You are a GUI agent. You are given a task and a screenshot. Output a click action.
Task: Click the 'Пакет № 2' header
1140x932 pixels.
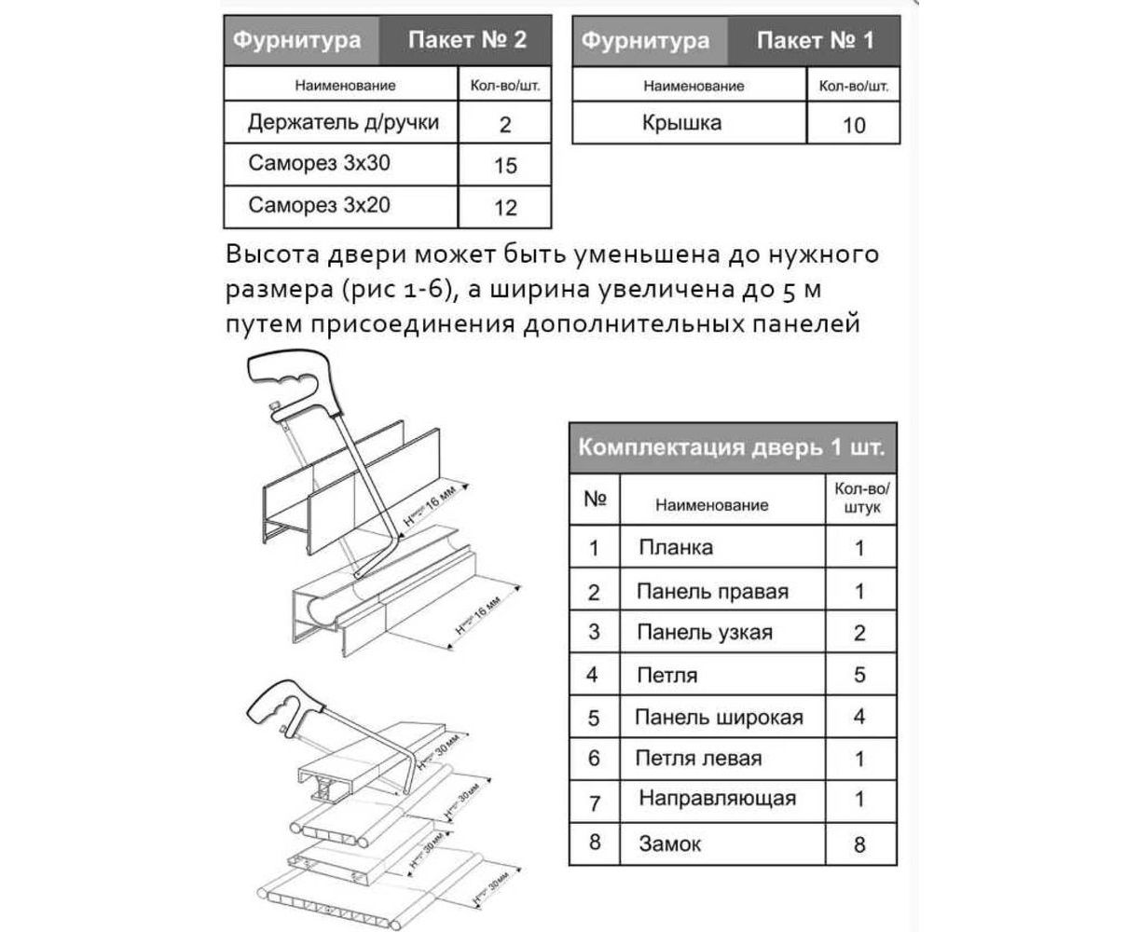pyautogui.click(x=467, y=40)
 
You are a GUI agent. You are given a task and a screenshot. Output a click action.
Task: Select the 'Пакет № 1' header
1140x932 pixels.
pyautogui.click(x=816, y=40)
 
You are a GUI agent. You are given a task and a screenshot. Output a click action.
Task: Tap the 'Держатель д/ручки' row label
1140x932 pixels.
pyautogui.click(x=342, y=123)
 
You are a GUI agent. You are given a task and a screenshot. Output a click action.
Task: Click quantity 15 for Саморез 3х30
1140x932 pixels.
pyautogui.click(x=504, y=166)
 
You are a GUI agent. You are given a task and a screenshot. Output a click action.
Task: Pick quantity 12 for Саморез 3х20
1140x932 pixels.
pyautogui.click(x=504, y=207)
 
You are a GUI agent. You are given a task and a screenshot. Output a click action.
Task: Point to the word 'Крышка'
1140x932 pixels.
pyautogui.click(x=681, y=123)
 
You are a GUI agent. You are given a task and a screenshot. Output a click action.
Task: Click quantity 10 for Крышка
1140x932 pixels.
pyautogui.click(x=854, y=125)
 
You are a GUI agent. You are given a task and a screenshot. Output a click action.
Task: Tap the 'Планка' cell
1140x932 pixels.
pyautogui.click(x=676, y=547)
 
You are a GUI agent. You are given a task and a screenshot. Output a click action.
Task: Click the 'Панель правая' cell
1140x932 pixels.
pyautogui.click(x=712, y=591)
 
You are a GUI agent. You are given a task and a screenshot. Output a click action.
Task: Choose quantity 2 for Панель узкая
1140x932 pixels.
pyautogui.click(x=859, y=634)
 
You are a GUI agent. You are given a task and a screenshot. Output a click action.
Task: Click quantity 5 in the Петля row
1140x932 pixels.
pyautogui.click(x=859, y=675)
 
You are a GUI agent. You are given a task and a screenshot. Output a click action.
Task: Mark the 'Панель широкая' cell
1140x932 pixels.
pyautogui.click(x=718, y=718)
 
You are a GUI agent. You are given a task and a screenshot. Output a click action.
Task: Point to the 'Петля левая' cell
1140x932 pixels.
pyautogui.click(x=698, y=759)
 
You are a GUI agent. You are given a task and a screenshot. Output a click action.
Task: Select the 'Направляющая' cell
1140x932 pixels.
pyautogui.click(x=718, y=799)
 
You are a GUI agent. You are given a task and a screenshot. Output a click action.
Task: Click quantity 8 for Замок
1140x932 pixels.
pyautogui.click(x=859, y=844)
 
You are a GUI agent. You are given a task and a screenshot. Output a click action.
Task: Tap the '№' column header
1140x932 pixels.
pyautogui.click(x=595, y=499)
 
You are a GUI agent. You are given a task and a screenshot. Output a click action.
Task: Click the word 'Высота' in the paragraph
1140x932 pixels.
pyautogui.click(x=270, y=254)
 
